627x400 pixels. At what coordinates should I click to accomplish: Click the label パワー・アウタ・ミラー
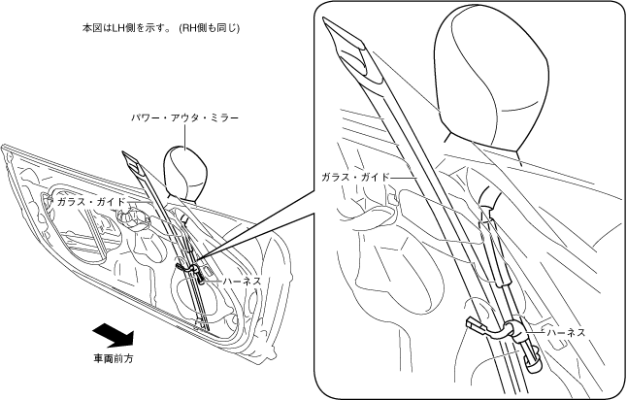[184, 117]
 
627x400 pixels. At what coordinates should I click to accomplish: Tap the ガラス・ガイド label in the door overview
[90, 201]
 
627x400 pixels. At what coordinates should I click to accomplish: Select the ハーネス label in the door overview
[241, 281]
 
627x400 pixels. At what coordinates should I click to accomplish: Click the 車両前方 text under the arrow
[112, 358]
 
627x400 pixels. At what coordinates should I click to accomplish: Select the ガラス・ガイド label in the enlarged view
[355, 178]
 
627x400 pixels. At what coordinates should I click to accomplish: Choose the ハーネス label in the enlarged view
[565, 332]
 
